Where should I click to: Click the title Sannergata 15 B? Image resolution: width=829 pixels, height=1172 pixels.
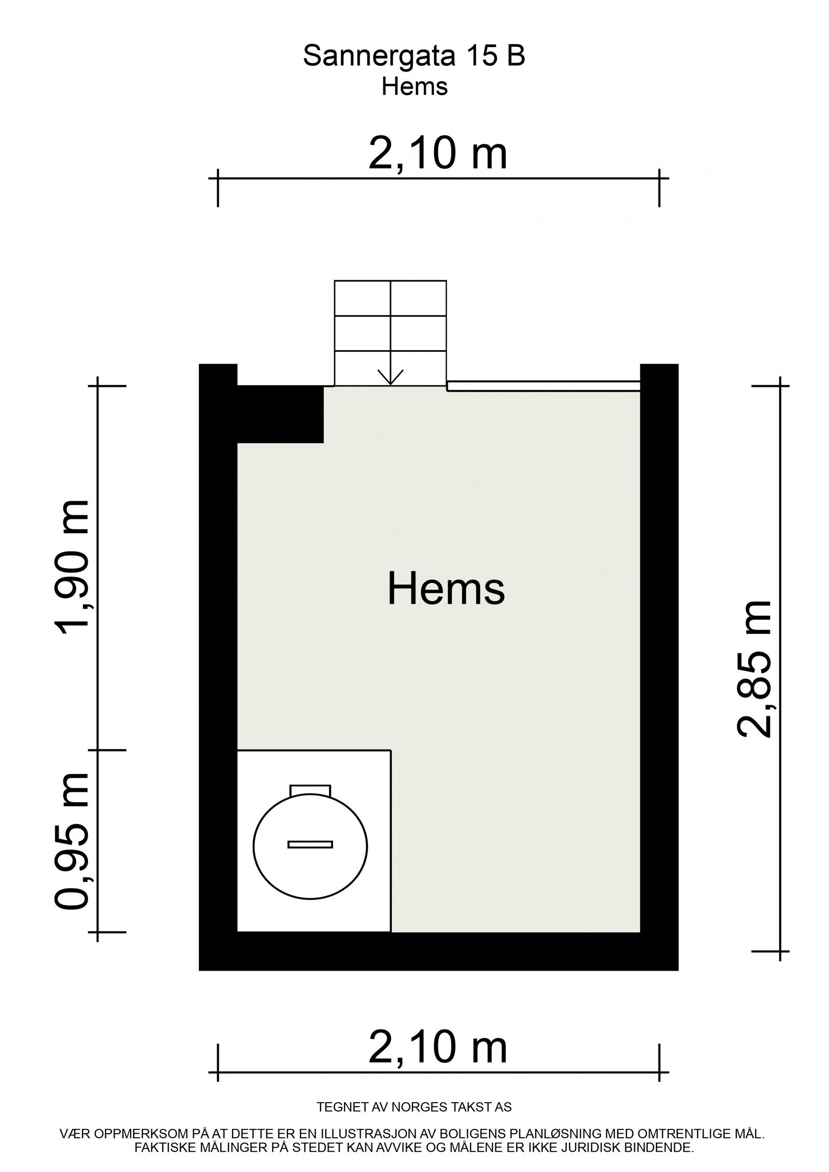click(413, 56)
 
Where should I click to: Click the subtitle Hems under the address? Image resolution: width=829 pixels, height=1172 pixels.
click(414, 87)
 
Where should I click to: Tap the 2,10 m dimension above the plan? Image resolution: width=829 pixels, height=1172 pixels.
click(438, 154)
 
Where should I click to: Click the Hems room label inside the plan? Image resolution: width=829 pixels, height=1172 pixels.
click(446, 589)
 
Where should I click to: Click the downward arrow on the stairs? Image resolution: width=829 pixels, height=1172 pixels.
click(391, 377)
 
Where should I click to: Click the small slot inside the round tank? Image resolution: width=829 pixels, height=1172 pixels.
click(310, 845)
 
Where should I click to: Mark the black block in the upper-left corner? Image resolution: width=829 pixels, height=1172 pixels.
click(280, 414)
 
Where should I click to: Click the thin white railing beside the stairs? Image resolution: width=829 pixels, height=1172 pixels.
click(543, 385)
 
